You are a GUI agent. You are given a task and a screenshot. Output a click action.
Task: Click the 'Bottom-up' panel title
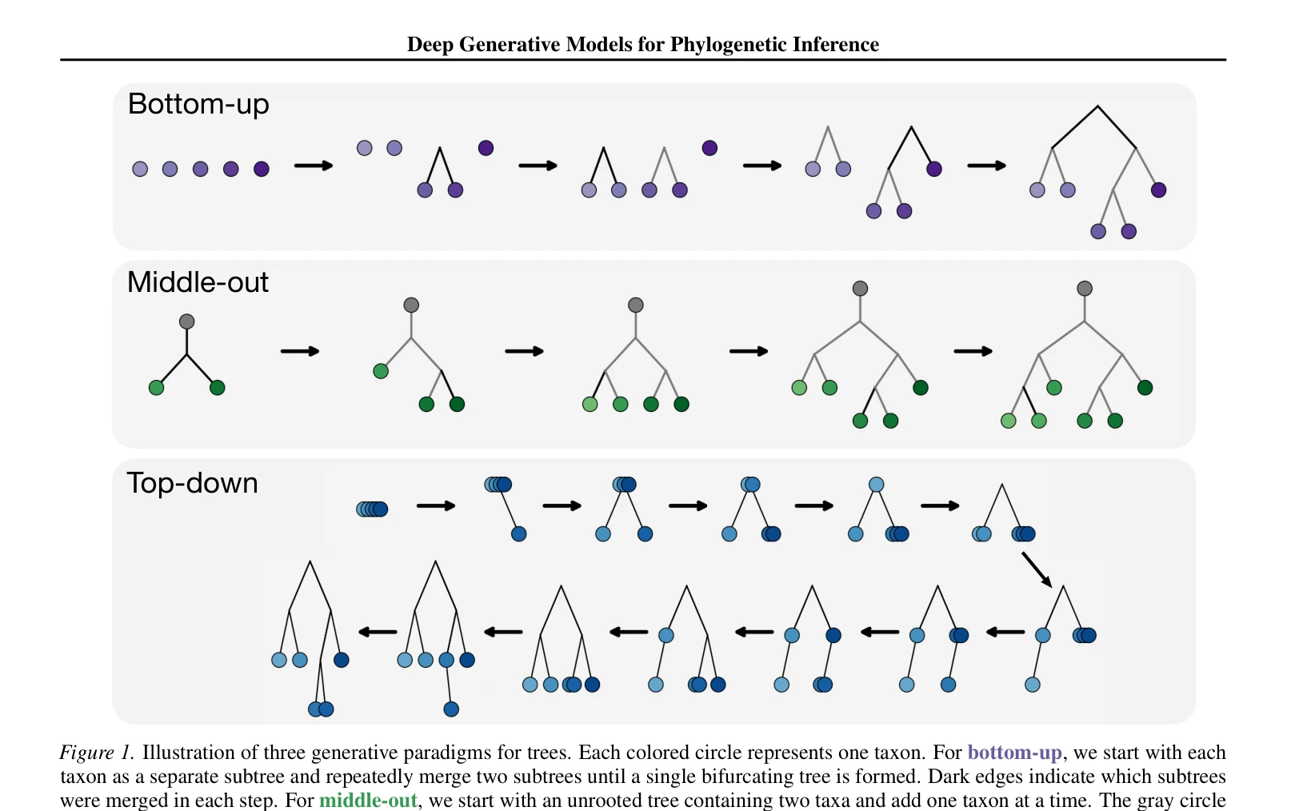[198, 105]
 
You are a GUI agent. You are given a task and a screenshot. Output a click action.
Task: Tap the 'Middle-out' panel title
[198, 282]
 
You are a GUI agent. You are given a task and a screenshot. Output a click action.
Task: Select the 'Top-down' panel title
[193, 484]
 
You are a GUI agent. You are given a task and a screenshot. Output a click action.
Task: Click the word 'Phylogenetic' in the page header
[729, 45]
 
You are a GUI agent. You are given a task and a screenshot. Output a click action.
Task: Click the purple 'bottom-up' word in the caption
[1014, 753]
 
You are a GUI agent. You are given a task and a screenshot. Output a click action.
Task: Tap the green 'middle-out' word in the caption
[368, 801]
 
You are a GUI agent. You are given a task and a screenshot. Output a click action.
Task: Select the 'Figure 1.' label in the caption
[97, 753]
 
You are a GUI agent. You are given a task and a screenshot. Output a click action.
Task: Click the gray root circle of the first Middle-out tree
[186, 322]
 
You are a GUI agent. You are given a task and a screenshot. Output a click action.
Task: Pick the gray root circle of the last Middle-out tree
[1085, 288]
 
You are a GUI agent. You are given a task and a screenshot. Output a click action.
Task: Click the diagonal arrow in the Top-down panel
[1037, 569]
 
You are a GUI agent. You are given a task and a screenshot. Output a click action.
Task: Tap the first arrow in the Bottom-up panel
[314, 166]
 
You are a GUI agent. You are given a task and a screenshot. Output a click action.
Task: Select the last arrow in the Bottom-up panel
[987, 166]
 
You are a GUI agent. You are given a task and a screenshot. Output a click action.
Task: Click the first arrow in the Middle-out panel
[300, 351]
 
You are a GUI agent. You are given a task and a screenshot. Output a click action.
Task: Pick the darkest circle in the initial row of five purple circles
[262, 169]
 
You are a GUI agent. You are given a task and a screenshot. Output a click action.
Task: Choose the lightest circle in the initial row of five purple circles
[140, 169]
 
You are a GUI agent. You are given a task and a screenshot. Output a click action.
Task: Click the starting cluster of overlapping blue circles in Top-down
[372, 509]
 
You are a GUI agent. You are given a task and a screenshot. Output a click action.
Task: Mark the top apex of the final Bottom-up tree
[1097, 106]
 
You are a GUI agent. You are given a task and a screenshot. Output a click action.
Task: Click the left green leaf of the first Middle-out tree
[156, 387]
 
